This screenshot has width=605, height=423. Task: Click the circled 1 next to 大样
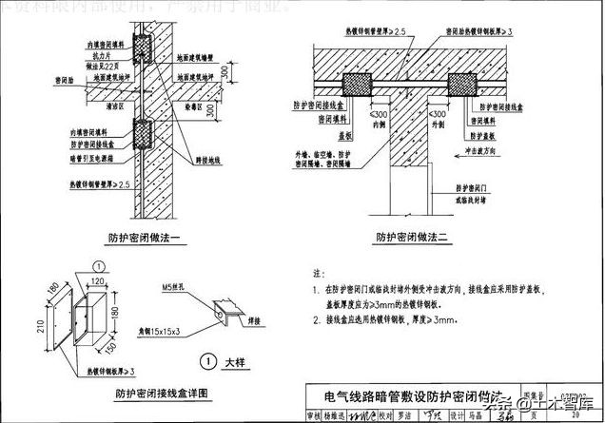[206, 360]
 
